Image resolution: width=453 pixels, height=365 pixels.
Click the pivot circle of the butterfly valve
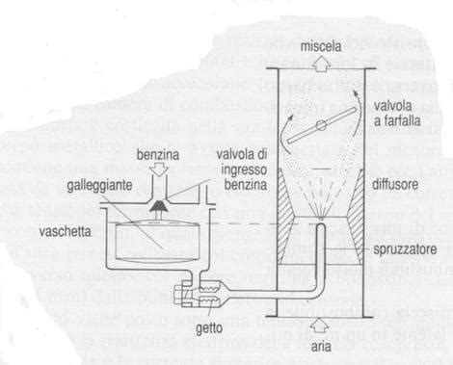(x=321, y=127)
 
